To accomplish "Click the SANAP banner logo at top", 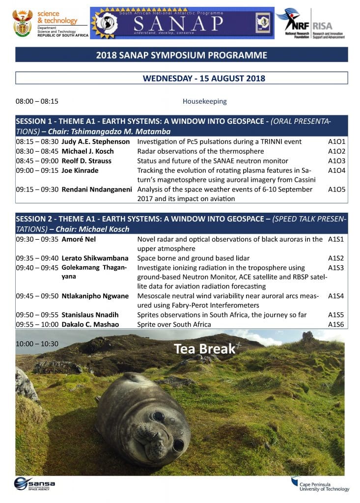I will pos(182,23).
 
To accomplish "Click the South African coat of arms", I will pos(23,23).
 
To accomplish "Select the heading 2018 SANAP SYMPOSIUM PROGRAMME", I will pos(182,55).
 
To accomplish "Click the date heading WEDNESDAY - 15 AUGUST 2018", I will pos(204,79).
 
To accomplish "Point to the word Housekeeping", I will pos(204,102).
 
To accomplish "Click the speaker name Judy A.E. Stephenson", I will pos(96,141).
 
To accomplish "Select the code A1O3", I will pos(336,161).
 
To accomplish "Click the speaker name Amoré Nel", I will pos(79,239).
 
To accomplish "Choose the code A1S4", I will pos(336,296).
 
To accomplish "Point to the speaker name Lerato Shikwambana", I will pos(95,258).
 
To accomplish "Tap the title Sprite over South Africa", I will pos(174,324).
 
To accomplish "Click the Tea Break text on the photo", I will pos(204,349).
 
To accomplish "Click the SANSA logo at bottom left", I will pos(34,483).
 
